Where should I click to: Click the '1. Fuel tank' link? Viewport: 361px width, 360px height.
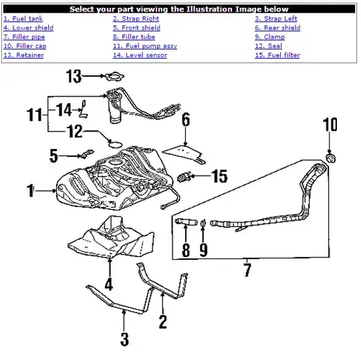[23, 19]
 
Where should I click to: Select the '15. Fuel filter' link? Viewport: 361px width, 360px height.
[277, 55]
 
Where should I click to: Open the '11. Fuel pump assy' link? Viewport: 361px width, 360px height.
[145, 46]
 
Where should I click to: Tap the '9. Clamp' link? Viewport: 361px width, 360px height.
[269, 37]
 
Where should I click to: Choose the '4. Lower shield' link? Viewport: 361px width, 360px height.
[28, 27]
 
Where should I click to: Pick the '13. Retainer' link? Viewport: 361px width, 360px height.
[23, 55]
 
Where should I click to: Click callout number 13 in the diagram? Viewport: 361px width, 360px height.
[74, 76]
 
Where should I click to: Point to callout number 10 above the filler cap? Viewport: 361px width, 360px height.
[330, 124]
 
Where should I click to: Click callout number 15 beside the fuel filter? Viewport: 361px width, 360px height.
[220, 176]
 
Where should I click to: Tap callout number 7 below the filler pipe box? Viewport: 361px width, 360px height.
[247, 270]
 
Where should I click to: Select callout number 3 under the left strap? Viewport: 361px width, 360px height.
[124, 339]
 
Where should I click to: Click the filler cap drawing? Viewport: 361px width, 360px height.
[331, 158]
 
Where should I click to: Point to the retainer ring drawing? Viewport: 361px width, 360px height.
[114, 76]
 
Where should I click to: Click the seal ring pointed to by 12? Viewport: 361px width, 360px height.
[116, 144]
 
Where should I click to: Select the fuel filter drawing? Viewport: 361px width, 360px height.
[185, 177]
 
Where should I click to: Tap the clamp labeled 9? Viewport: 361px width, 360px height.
[203, 222]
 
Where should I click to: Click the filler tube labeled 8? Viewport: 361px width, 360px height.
[187, 222]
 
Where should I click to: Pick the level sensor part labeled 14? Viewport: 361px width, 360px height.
[83, 109]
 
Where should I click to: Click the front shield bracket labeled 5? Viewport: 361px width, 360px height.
[87, 154]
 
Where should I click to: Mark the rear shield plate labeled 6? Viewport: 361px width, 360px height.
[184, 153]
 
